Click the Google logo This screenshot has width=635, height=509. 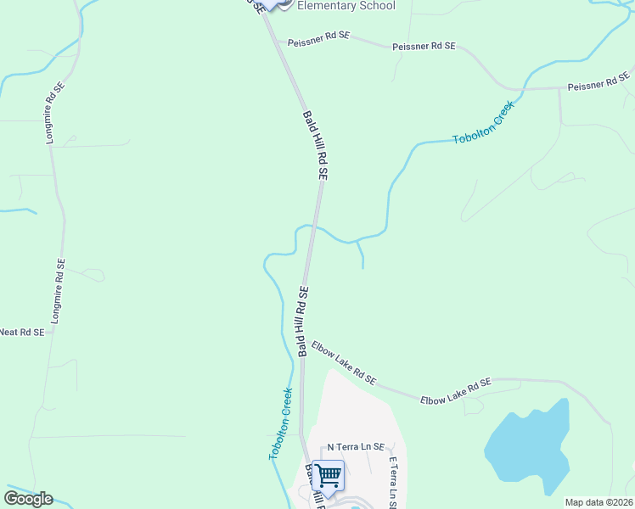pyautogui.click(x=28, y=498)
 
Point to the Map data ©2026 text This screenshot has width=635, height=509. pyautogui.click(x=598, y=502)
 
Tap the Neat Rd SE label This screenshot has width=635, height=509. pyautogui.click(x=21, y=333)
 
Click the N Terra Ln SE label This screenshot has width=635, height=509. pyautogui.click(x=357, y=447)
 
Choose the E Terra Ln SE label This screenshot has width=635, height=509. pyautogui.click(x=393, y=484)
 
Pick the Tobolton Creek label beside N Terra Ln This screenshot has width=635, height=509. pyautogui.click(x=281, y=424)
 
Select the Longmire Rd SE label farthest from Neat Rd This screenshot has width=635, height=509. pyautogui.click(x=53, y=112)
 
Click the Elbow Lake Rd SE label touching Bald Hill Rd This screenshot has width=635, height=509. pyautogui.click(x=343, y=362)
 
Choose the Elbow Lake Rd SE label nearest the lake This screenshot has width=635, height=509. pyautogui.click(x=456, y=390)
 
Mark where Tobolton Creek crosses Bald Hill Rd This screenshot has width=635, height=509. pyautogui.click(x=313, y=227)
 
